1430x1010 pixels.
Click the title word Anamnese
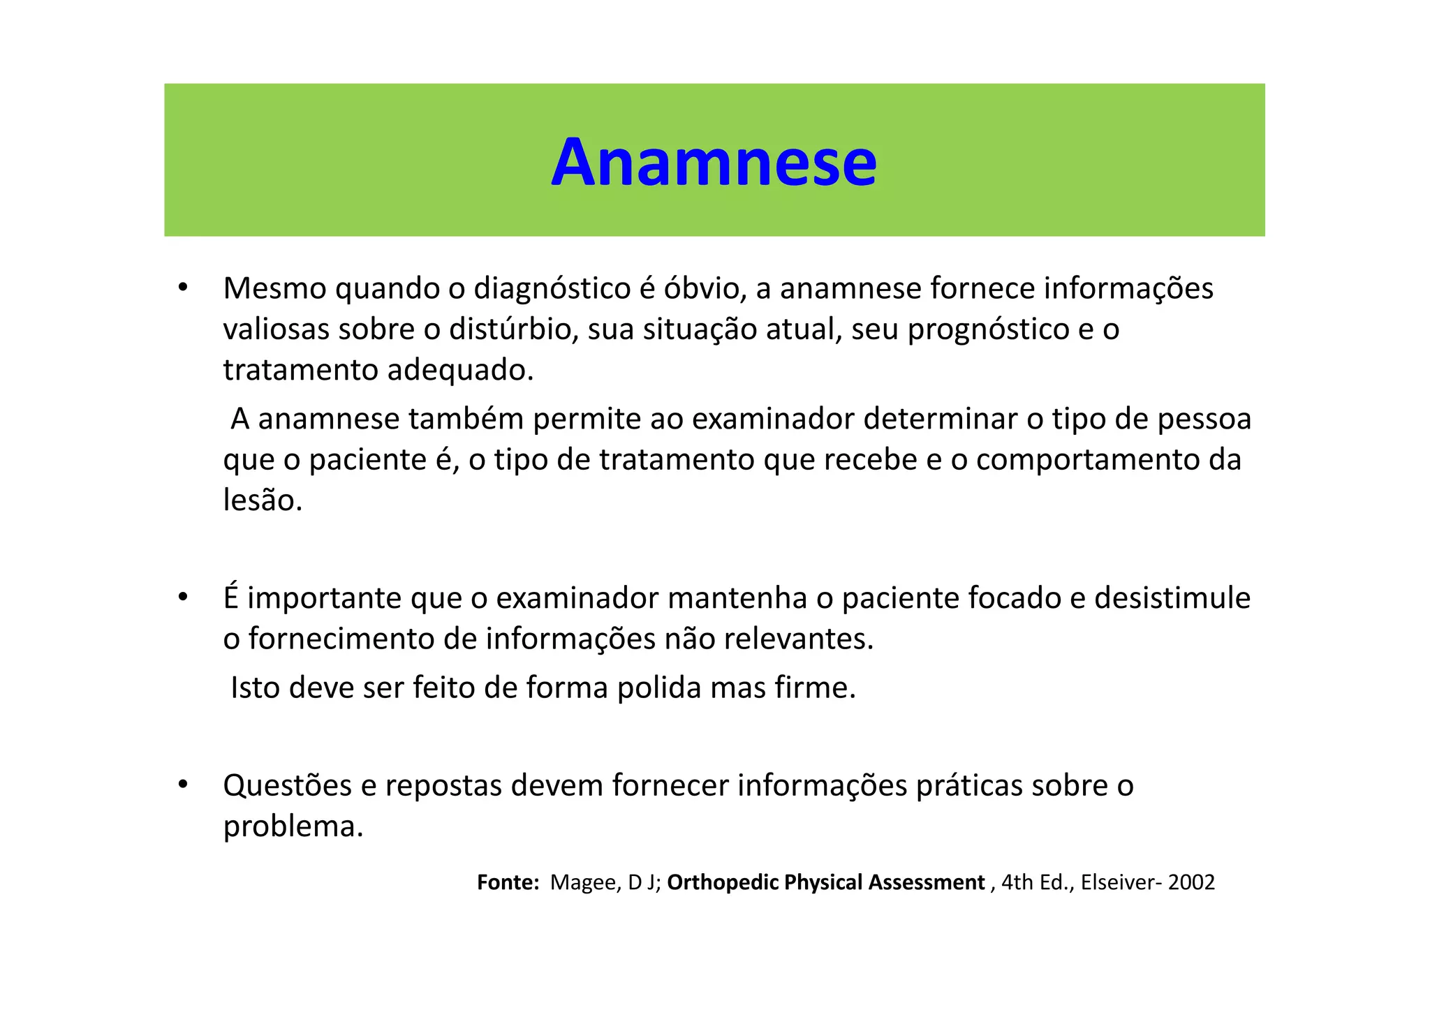click(x=714, y=163)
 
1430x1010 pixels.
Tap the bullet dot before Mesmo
click(x=183, y=288)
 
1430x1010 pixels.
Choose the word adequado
click(x=460, y=370)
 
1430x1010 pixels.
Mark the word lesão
click(x=263, y=500)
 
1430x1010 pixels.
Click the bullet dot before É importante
click(x=183, y=597)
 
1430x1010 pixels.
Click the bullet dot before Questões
click(x=183, y=785)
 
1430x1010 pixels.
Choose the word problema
click(x=293, y=827)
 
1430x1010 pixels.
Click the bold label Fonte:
click(x=508, y=882)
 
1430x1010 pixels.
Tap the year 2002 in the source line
click(x=1191, y=882)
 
